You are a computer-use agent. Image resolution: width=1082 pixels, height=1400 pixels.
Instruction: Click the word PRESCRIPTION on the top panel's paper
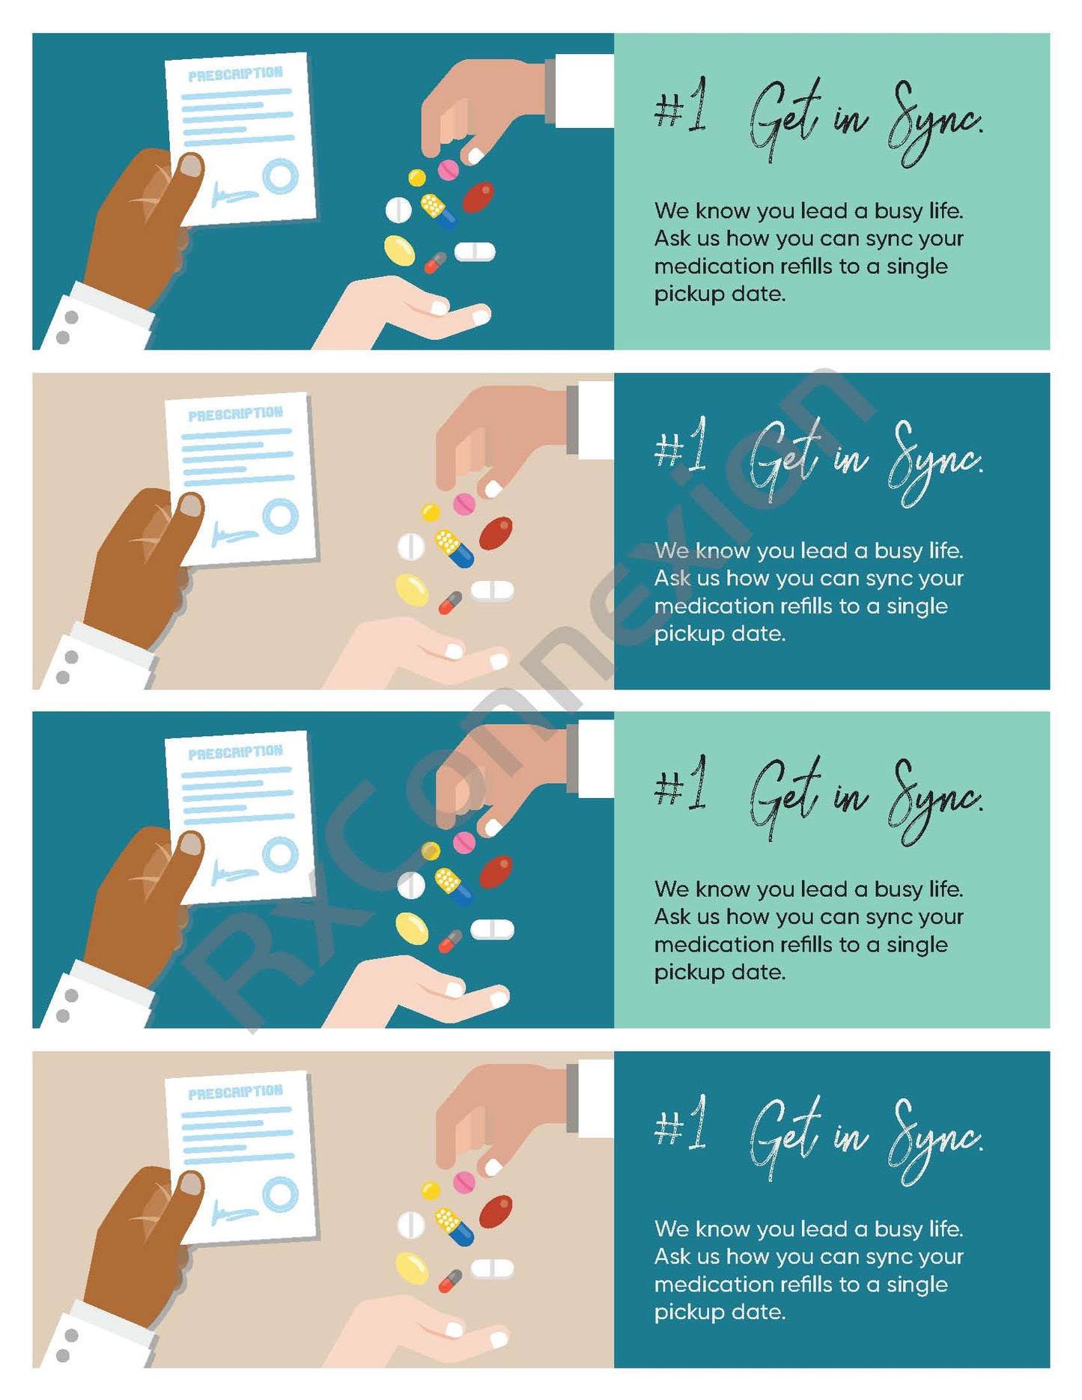(235, 74)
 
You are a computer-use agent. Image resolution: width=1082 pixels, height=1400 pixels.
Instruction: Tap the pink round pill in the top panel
(449, 170)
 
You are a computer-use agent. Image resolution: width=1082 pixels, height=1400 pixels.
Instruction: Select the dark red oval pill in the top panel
(478, 197)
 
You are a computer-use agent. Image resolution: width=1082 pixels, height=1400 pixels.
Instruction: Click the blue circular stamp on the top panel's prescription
(280, 177)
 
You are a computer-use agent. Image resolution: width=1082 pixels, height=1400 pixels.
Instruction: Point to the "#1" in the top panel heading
(680, 106)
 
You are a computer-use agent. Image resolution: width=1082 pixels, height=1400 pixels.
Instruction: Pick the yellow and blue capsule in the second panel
(455, 548)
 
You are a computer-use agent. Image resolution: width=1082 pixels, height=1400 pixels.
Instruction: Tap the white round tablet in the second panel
(410, 547)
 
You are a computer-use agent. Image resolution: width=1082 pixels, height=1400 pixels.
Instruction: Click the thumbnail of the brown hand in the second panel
(191, 506)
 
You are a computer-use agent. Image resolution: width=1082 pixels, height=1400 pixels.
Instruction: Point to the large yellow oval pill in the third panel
(412, 928)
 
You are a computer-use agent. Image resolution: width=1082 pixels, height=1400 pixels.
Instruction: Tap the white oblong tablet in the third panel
(492, 929)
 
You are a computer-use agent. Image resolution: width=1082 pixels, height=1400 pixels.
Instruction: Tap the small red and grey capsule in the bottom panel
(450, 1281)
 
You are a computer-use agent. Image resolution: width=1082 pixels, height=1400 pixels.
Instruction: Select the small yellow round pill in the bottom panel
(431, 1190)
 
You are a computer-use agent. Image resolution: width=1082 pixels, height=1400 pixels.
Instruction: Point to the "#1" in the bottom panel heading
(680, 1123)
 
